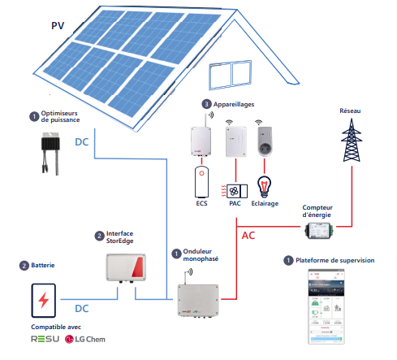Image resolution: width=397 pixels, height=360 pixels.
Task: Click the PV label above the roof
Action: pyautogui.click(x=57, y=25)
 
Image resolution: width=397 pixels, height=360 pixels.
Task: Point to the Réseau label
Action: pyautogui.click(x=352, y=109)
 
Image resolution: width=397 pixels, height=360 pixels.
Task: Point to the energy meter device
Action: pyautogui.click(x=322, y=232)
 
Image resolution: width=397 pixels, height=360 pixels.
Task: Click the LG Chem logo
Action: pyautogui.click(x=85, y=338)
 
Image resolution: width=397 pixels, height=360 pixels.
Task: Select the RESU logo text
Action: pyautogui.click(x=44, y=338)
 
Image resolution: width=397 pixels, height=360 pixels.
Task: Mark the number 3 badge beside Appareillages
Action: pyautogui.click(x=207, y=105)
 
